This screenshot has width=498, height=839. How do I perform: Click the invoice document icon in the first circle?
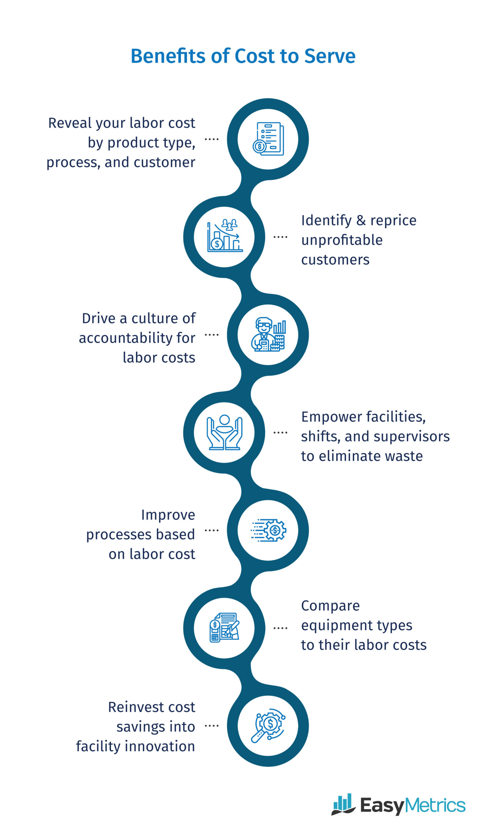click(268, 139)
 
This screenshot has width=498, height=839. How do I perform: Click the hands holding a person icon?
click(224, 432)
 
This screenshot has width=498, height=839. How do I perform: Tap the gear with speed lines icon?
click(268, 530)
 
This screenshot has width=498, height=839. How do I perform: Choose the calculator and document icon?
click(224, 628)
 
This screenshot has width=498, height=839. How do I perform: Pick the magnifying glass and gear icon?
click(268, 726)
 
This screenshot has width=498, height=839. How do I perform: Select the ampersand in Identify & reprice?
click(361, 221)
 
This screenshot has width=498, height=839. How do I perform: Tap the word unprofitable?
click(342, 240)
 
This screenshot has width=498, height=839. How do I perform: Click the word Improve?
click(168, 515)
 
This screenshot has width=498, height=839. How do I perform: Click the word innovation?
click(161, 746)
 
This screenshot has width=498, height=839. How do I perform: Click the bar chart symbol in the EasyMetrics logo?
click(343, 804)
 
